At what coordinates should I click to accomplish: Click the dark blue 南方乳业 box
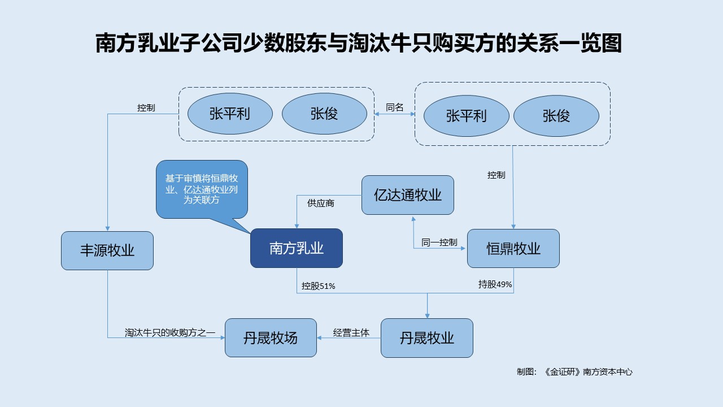coord(297,248)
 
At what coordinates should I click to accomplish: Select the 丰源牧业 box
coord(107,250)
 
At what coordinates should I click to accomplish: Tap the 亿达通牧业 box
coord(407,195)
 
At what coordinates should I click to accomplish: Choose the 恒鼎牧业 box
coord(513,248)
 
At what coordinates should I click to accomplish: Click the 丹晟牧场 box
coord(271,338)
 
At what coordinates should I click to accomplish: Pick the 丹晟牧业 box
coord(426,338)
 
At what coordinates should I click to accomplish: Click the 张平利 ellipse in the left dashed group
coord(229,114)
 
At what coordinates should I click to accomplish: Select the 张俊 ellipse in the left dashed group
coord(324,114)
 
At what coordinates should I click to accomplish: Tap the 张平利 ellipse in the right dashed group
coord(466,116)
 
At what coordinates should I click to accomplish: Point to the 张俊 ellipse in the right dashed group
coord(556,116)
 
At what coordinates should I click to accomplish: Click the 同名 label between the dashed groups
coord(394,107)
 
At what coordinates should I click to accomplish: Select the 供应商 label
coord(320,203)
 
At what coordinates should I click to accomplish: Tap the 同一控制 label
coord(439,243)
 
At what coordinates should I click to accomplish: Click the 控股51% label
coord(318,286)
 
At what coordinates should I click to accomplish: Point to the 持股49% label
coord(495,284)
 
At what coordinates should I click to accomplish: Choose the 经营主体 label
coord(351,333)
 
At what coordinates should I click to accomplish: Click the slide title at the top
coord(358,43)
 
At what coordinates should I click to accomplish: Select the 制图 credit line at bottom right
coord(574,371)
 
